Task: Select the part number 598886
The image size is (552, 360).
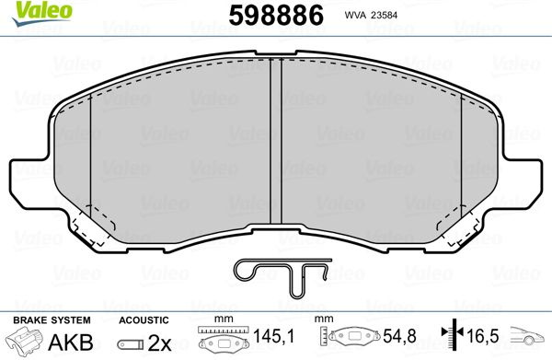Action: (276, 16)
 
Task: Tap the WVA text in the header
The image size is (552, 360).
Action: (355, 15)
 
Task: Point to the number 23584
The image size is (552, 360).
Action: (384, 15)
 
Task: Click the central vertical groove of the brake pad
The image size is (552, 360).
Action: (276, 141)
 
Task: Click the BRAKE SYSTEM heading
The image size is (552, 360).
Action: (52, 320)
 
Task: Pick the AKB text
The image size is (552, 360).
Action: (71, 342)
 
